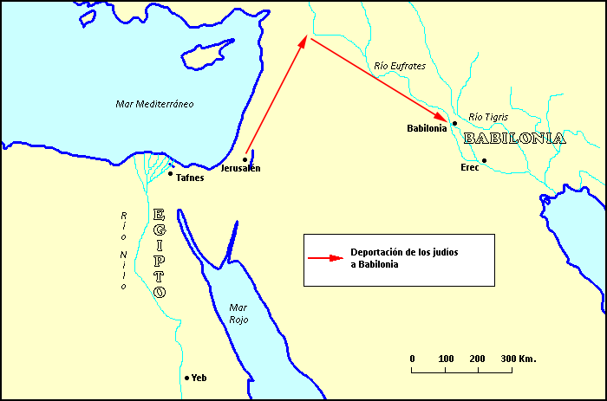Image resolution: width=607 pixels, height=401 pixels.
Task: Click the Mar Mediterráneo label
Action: pos(154,104)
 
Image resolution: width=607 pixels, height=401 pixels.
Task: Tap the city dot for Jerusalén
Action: pos(245,158)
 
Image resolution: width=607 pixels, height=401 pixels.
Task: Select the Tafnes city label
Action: pos(189,177)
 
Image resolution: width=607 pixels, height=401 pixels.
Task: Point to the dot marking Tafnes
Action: pos(170,174)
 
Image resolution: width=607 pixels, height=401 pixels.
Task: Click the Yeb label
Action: pos(199,378)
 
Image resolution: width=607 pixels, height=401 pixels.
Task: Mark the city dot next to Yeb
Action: pos(186,378)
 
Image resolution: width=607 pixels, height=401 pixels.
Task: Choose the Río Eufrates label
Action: pos(400,66)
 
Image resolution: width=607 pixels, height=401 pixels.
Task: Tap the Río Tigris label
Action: pos(488,116)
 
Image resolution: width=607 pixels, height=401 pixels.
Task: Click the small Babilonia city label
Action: pos(426,128)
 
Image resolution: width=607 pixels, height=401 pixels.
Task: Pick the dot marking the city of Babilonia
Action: pos(454,124)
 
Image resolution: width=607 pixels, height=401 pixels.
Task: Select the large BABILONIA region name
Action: pos(515,139)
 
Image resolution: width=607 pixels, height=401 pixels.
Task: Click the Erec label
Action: pos(470,167)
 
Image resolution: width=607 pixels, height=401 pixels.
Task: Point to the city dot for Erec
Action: pos(485,161)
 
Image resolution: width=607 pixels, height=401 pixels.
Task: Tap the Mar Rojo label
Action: pos(238,314)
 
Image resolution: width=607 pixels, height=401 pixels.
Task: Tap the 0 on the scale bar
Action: pos(412,358)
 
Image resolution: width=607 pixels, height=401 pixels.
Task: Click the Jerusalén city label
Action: pos(240,168)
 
